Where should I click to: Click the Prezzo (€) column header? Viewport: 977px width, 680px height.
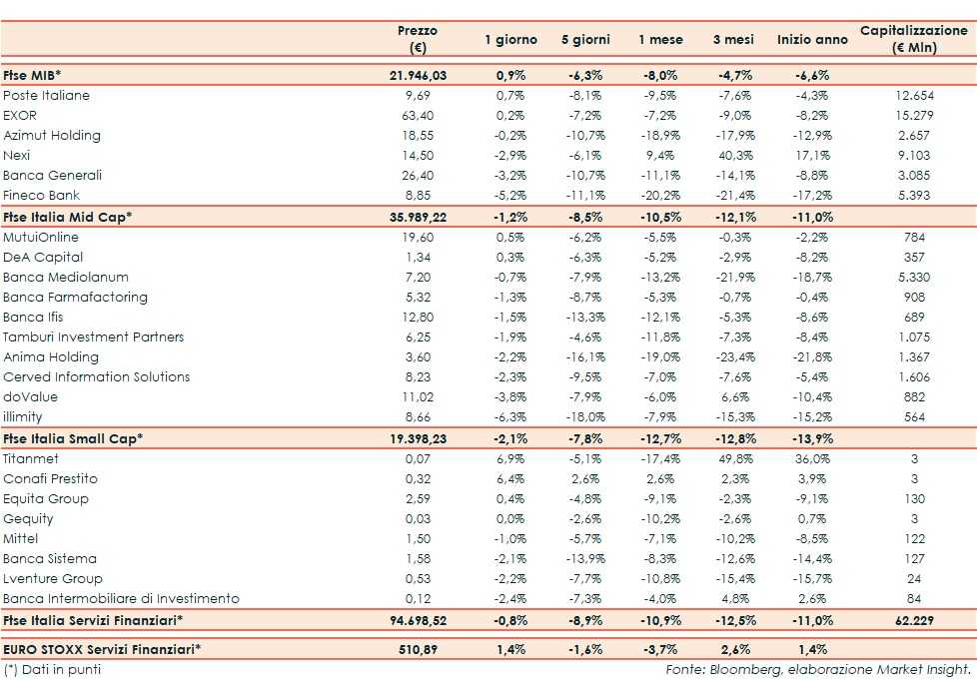[417, 40]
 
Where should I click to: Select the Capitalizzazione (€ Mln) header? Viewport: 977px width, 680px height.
[914, 40]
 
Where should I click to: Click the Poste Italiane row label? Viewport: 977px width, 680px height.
[46, 96]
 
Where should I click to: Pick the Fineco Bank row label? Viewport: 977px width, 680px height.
[41, 196]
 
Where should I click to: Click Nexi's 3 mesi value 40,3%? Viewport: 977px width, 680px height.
[734, 156]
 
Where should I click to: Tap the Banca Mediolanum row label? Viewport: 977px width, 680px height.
[66, 278]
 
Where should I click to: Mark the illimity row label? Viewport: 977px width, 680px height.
[23, 417]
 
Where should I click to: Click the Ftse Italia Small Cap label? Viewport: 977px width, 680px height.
[73, 438]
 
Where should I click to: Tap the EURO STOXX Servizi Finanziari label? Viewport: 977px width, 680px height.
[102, 649]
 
